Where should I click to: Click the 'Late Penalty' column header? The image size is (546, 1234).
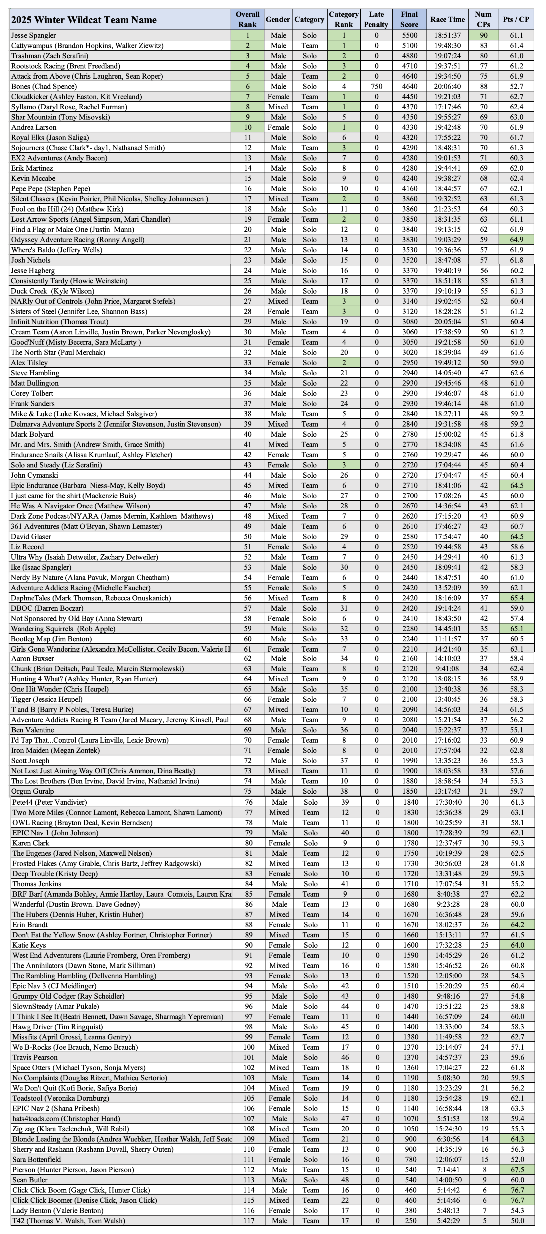pyautogui.click(x=376, y=19)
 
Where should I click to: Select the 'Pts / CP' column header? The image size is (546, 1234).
pyautogui.click(x=516, y=19)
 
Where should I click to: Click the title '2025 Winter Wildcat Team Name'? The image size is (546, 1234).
pyautogui.click(x=84, y=20)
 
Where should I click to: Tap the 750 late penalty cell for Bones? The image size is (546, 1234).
pyautogui.click(x=376, y=86)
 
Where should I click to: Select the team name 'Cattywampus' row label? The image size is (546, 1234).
pyautogui.click(x=87, y=45)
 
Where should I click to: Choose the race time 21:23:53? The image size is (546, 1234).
pyautogui.click(x=447, y=209)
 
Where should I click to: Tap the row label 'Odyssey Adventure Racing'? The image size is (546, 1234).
pyautogui.click(x=78, y=240)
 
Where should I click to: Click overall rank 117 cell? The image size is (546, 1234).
pyautogui.click(x=249, y=1221)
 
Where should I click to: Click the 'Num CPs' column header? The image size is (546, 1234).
pyautogui.click(x=483, y=19)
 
